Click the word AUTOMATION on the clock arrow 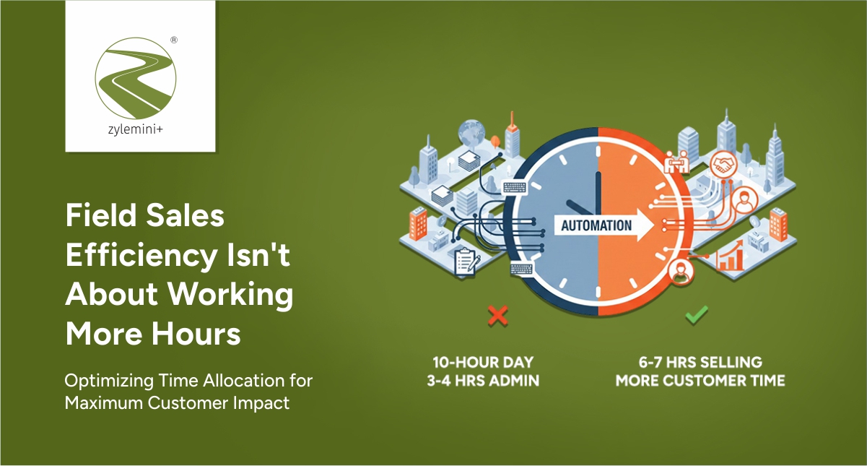point(596,225)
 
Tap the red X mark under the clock point(497,315)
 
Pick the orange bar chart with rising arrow point(730,257)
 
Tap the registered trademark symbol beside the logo point(174,41)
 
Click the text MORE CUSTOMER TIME point(700,379)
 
